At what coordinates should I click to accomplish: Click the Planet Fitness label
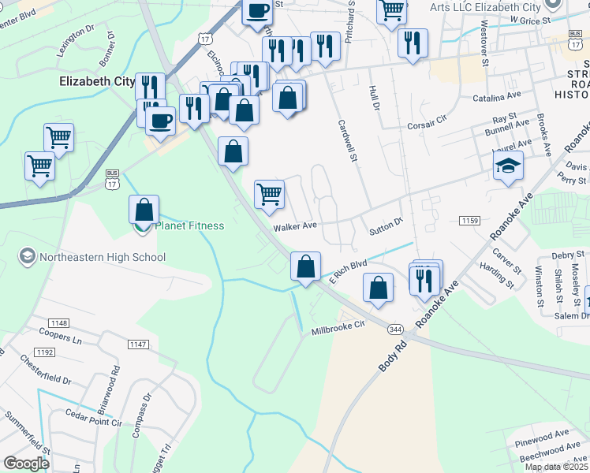click(189, 226)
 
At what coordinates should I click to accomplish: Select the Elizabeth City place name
click(96, 80)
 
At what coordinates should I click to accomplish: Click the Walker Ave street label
click(295, 226)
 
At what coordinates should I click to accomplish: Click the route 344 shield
click(397, 328)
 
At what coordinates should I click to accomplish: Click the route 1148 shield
click(59, 323)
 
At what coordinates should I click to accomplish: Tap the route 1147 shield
click(138, 345)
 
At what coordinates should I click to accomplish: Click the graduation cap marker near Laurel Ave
click(508, 166)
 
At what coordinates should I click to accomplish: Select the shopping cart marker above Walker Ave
click(270, 194)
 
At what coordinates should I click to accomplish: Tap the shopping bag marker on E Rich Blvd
click(305, 266)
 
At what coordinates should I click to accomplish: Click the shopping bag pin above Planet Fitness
click(144, 210)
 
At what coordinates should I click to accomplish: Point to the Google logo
click(26, 464)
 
